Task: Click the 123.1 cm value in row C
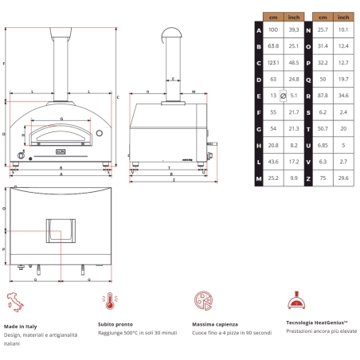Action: pyautogui.click(x=273, y=61)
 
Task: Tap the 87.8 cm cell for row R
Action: pyautogui.click(x=323, y=95)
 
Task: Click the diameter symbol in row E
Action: pyautogui.click(x=283, y=96)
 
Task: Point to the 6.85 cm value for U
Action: pyautogui.click(x=323, y=146)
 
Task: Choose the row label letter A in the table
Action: pyautogui.click(x=258, y=29)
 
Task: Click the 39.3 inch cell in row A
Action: pyautogui.click(x=294, y=29)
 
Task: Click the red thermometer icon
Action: pyautogui.click(x=106, y=300)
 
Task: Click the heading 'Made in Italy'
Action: pyautogui.click(x=22, y=325)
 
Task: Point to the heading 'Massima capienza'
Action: pyautogui.click(x=214, y=325)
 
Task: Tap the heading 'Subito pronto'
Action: pyautogui.click(x=116, y=325)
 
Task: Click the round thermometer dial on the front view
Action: pyautogui.click(x=100, y=131)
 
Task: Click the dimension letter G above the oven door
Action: pyautogui.click(x=61, y=119)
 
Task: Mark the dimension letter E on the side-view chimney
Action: pyautogui.click(x=172, y=79)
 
